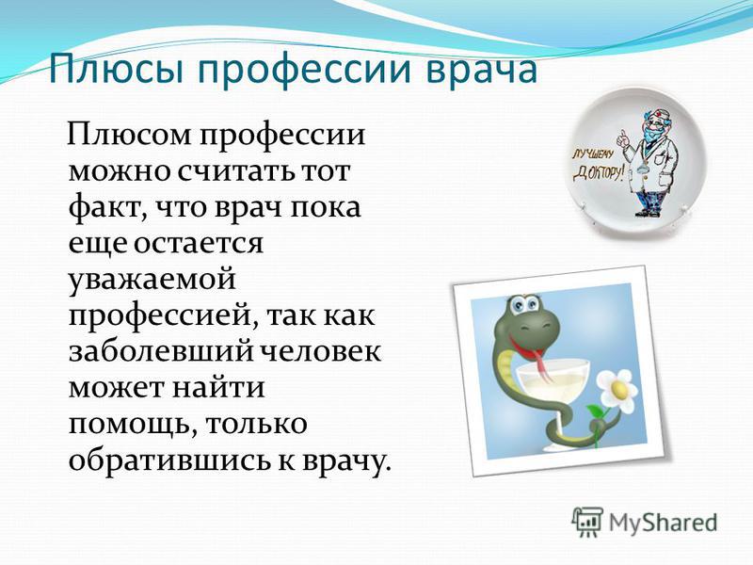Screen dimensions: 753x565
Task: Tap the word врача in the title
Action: click(x=482, y=70)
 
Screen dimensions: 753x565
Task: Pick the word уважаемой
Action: click(x=152, y=280)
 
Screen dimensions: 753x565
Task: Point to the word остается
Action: click(x=199, y=244)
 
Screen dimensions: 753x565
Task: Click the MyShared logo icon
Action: click(x=586, y=522)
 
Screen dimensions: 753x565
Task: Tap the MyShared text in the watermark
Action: click(x=664, y=523)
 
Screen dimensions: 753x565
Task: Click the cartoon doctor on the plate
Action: click(x=650, y=162)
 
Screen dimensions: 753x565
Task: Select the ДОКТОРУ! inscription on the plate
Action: click(x=599, y=173)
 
